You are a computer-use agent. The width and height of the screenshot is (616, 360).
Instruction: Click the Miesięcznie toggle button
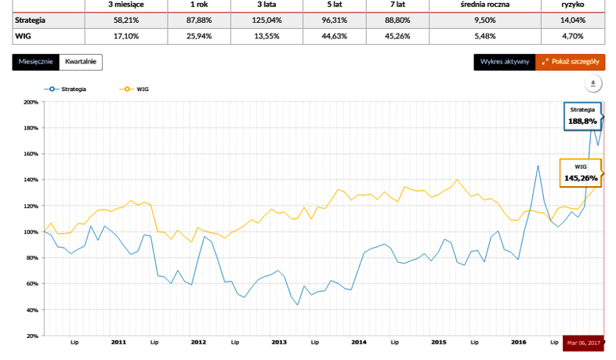(x=36, y=62)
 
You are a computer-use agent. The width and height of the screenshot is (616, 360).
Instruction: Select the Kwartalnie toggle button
(x=81, y=62)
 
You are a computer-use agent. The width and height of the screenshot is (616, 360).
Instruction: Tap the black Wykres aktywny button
(x=505, y=62)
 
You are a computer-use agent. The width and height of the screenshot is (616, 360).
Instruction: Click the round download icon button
(x=593, y=84)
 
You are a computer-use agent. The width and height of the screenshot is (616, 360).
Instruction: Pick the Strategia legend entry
(x=65, y=89)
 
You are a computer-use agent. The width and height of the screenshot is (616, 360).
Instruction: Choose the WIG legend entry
(x=134, y=89)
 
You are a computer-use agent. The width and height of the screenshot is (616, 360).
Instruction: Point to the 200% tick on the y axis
(x=31, y=102)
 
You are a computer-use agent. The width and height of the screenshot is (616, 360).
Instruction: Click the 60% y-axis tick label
(x=32, y=284)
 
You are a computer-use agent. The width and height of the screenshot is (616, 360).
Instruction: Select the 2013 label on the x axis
(x=279, y=342)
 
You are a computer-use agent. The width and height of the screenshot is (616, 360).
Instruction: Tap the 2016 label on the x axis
(x=519, y=342)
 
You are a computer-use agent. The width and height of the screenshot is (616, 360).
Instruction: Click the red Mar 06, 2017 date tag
(x=583, y=343)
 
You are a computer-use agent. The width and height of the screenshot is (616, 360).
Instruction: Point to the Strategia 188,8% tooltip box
(x=582, y=116)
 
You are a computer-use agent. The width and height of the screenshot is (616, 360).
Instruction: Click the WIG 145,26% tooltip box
(x=581, y=173)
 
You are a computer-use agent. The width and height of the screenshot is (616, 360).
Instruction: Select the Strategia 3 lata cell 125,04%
(x=266, y=20)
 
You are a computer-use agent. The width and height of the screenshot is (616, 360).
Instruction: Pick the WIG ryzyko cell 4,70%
(x=573, y=37)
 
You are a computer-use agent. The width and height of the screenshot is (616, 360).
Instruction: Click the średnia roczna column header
(x=485, y=5)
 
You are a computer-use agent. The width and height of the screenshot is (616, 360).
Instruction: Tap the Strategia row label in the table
(x=31, y=20)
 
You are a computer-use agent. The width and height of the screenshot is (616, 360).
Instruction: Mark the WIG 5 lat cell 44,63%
(x=335, y=37)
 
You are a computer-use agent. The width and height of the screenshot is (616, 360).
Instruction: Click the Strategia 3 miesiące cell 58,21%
(x=126, y=20)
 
